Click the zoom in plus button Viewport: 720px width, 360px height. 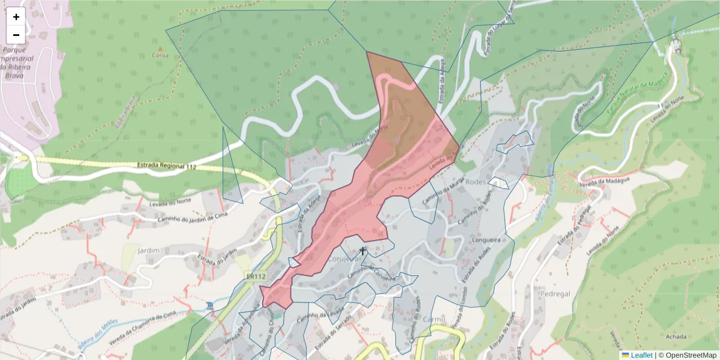click(16, 17)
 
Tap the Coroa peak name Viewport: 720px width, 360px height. click(160, 55)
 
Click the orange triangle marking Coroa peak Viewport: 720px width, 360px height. click(160, 47)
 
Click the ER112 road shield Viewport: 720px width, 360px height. click(256, 277)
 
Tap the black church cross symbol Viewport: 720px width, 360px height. click(362, 251)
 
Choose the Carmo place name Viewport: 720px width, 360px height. click(434, 319)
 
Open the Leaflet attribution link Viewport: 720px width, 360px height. click(641, 355)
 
